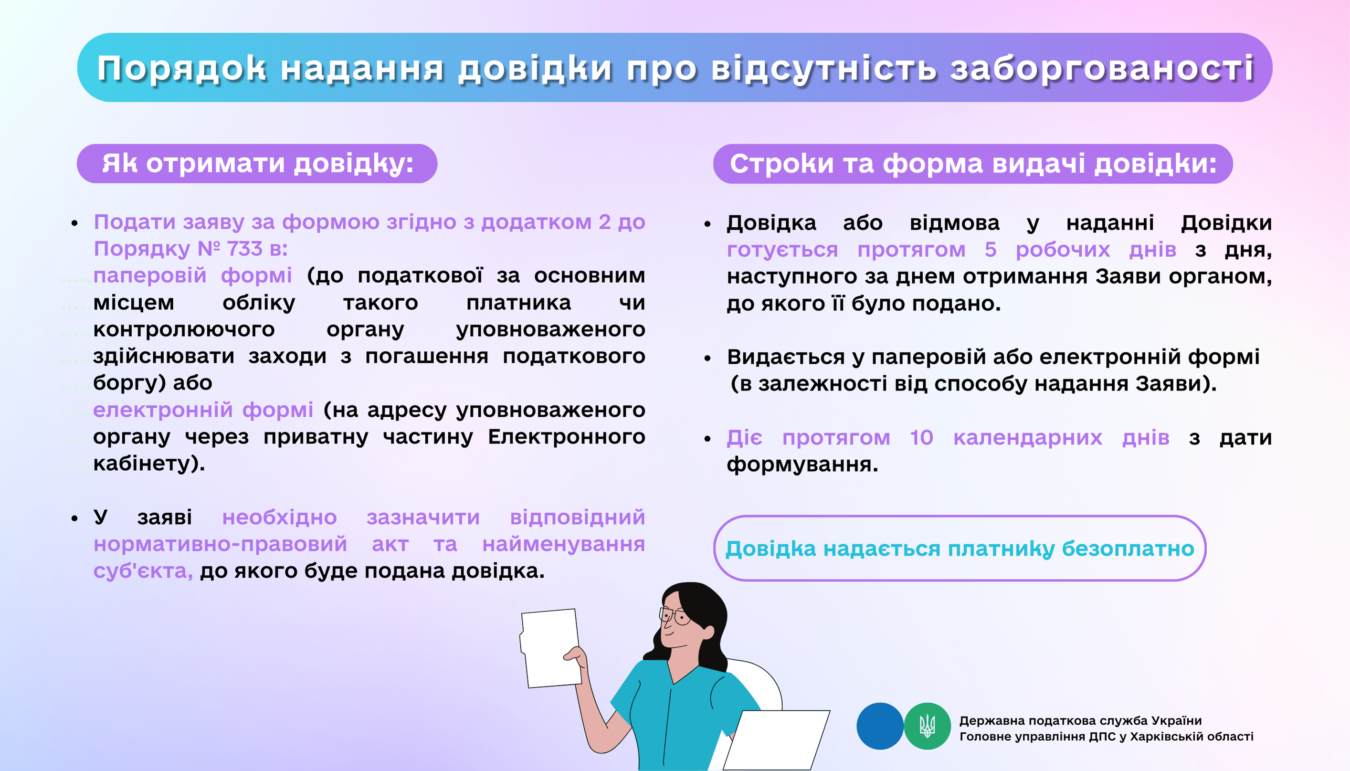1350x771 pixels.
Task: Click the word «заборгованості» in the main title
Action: click(1102, 69)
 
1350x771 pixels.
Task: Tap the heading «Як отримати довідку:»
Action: click(257, 164)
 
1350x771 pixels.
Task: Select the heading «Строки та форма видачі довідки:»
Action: click(973, 164)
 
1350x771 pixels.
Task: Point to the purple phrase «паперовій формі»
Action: click(193, 276)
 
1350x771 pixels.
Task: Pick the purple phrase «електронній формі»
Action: click(203, 411)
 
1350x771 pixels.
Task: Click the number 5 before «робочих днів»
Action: click(991, 249)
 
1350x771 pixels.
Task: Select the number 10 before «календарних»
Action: click(922, 437)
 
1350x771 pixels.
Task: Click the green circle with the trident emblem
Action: click(927, 726)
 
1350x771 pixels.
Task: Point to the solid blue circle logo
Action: click(880, 726)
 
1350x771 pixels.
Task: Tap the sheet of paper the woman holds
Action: click(550, 648)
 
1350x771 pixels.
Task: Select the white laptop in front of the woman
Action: click(777, 740)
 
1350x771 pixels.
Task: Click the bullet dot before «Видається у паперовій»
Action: click(707, 359)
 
